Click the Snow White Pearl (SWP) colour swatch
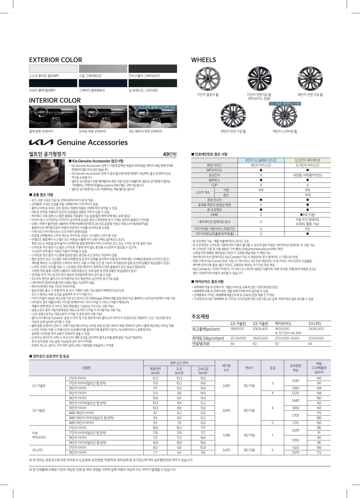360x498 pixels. [x=53, y=69]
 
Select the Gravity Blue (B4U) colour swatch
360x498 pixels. [x=103, y=83]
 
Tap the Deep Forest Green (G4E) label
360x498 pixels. [x=143, y=90]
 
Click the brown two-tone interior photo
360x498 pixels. [x=103, y=116]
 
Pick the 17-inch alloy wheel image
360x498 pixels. [x=208, y=79]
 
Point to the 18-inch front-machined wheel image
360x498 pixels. [x=310, y=79]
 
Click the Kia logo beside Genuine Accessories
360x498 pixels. [x=41, y=142]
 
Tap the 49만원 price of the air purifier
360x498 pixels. [x=170, y=154]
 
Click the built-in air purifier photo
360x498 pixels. [x=47, y=172]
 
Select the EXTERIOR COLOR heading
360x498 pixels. [x=55, y=60]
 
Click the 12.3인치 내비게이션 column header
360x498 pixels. [x=307, y=160]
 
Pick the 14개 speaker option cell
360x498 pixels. [x=307, y=195]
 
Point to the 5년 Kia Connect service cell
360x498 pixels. [x=307, y=229]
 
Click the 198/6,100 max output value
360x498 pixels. [x=237, y=329]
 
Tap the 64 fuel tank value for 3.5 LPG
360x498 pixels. [x=310, y=344]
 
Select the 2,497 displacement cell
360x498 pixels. [x=226, y=386]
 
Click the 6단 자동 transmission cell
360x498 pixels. [x=249, y=435]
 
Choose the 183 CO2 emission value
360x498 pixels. [x=319, y=423]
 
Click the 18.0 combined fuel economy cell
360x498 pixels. [x=155, y=428]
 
